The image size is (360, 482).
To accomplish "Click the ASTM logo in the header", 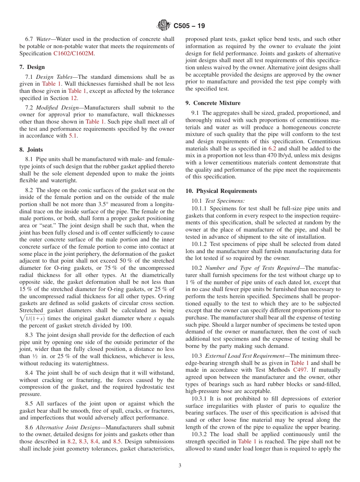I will (164, 26).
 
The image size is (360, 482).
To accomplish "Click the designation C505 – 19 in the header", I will (189, 26).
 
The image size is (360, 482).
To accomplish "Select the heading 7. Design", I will (32, 67).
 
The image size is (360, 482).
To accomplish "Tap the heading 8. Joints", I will (31, 150).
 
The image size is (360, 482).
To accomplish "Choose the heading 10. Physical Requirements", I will (221, 191).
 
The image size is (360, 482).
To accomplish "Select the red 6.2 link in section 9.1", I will (272, 149).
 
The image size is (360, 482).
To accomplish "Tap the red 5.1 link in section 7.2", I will (73, 136).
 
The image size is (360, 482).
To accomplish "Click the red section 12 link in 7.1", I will (74, 98).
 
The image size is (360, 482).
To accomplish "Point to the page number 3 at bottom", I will (180, 466).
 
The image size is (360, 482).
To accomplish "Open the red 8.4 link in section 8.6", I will (94, 441).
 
